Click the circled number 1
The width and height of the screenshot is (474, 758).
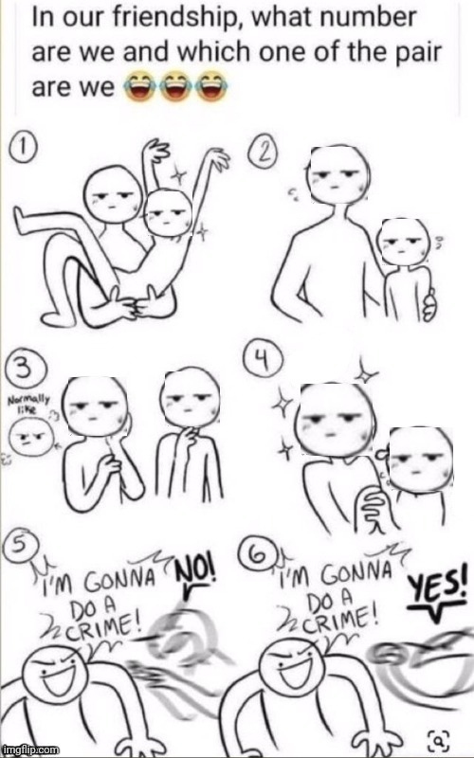(x=22, y=147)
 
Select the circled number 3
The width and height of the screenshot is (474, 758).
(x=23, y=371)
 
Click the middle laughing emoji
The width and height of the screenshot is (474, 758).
(x=175, y=86)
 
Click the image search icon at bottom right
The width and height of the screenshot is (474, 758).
(x=439, y=738)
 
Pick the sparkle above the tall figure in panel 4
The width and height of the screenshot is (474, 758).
(x=365, y=371)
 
